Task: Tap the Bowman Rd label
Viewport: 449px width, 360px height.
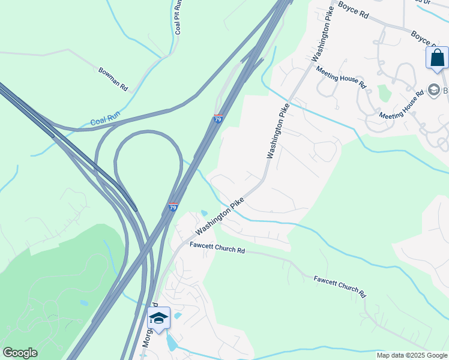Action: pos(113,79)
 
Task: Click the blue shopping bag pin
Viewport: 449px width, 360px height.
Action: pos(437,59)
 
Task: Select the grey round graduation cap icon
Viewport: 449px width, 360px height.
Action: pos(434,91)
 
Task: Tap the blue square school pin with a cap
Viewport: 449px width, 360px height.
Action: pos(158,318)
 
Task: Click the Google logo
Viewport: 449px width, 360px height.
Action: pos(20,353)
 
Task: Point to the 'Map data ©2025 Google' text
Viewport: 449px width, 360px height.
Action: pos(411,355)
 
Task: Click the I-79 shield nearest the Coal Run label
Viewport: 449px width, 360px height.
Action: pos(218,119)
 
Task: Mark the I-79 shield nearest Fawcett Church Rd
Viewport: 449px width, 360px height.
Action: pos(173,208)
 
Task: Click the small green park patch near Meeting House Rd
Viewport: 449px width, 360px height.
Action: pos(384,94)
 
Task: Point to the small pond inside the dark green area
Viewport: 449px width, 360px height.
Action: pos(83,304)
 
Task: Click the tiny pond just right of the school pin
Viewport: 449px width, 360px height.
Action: pos(178,316)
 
